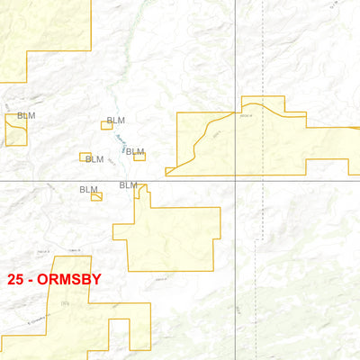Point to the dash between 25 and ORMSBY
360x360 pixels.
pos(33,280)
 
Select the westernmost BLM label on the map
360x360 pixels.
pos(26,116)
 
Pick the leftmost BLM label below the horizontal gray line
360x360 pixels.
pos(88,190)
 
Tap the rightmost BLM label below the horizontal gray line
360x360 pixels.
pos(129,185)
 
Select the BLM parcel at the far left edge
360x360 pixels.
pos(15,130)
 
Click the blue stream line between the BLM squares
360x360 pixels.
pos(120,144)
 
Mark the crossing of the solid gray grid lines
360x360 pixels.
pos(235,181)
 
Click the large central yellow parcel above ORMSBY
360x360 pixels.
pos(175,238)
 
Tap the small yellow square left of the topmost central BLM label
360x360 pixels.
pos(106,125)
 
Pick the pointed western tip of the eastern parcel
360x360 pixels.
pos(167,171)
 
